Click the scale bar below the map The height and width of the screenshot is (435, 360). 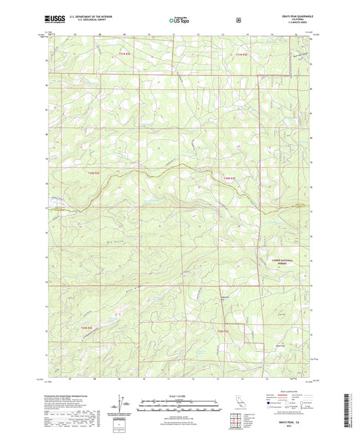pyautogui.click(x=179, y=405)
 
